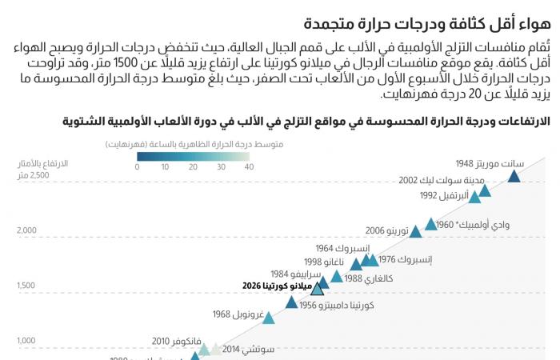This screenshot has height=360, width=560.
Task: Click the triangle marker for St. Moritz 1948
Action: pos(514,176)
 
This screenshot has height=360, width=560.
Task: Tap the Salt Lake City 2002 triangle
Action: pos(484,190)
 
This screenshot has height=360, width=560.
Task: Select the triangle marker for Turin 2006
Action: pos(415,232)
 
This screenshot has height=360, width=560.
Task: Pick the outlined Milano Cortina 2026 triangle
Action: pos(318,288)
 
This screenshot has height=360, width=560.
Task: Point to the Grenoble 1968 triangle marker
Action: pos(269,318)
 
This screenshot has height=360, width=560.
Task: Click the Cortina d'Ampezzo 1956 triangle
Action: pos(292,302)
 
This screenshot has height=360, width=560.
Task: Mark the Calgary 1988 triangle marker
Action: pos(337,277)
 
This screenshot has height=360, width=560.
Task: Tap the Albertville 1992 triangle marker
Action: pos(474,197)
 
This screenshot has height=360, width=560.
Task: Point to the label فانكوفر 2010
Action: pos(172,340)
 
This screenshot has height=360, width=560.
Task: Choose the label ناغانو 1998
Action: pos(324,262)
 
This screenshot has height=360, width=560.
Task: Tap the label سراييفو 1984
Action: pos(289,273)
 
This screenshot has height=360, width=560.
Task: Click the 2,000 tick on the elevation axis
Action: pos(27,230)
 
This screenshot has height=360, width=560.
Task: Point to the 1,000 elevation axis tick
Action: pos(26,341)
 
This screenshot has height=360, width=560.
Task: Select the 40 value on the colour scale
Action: pos(248,167)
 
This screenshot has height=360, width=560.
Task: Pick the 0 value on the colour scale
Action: pos(138,167)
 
